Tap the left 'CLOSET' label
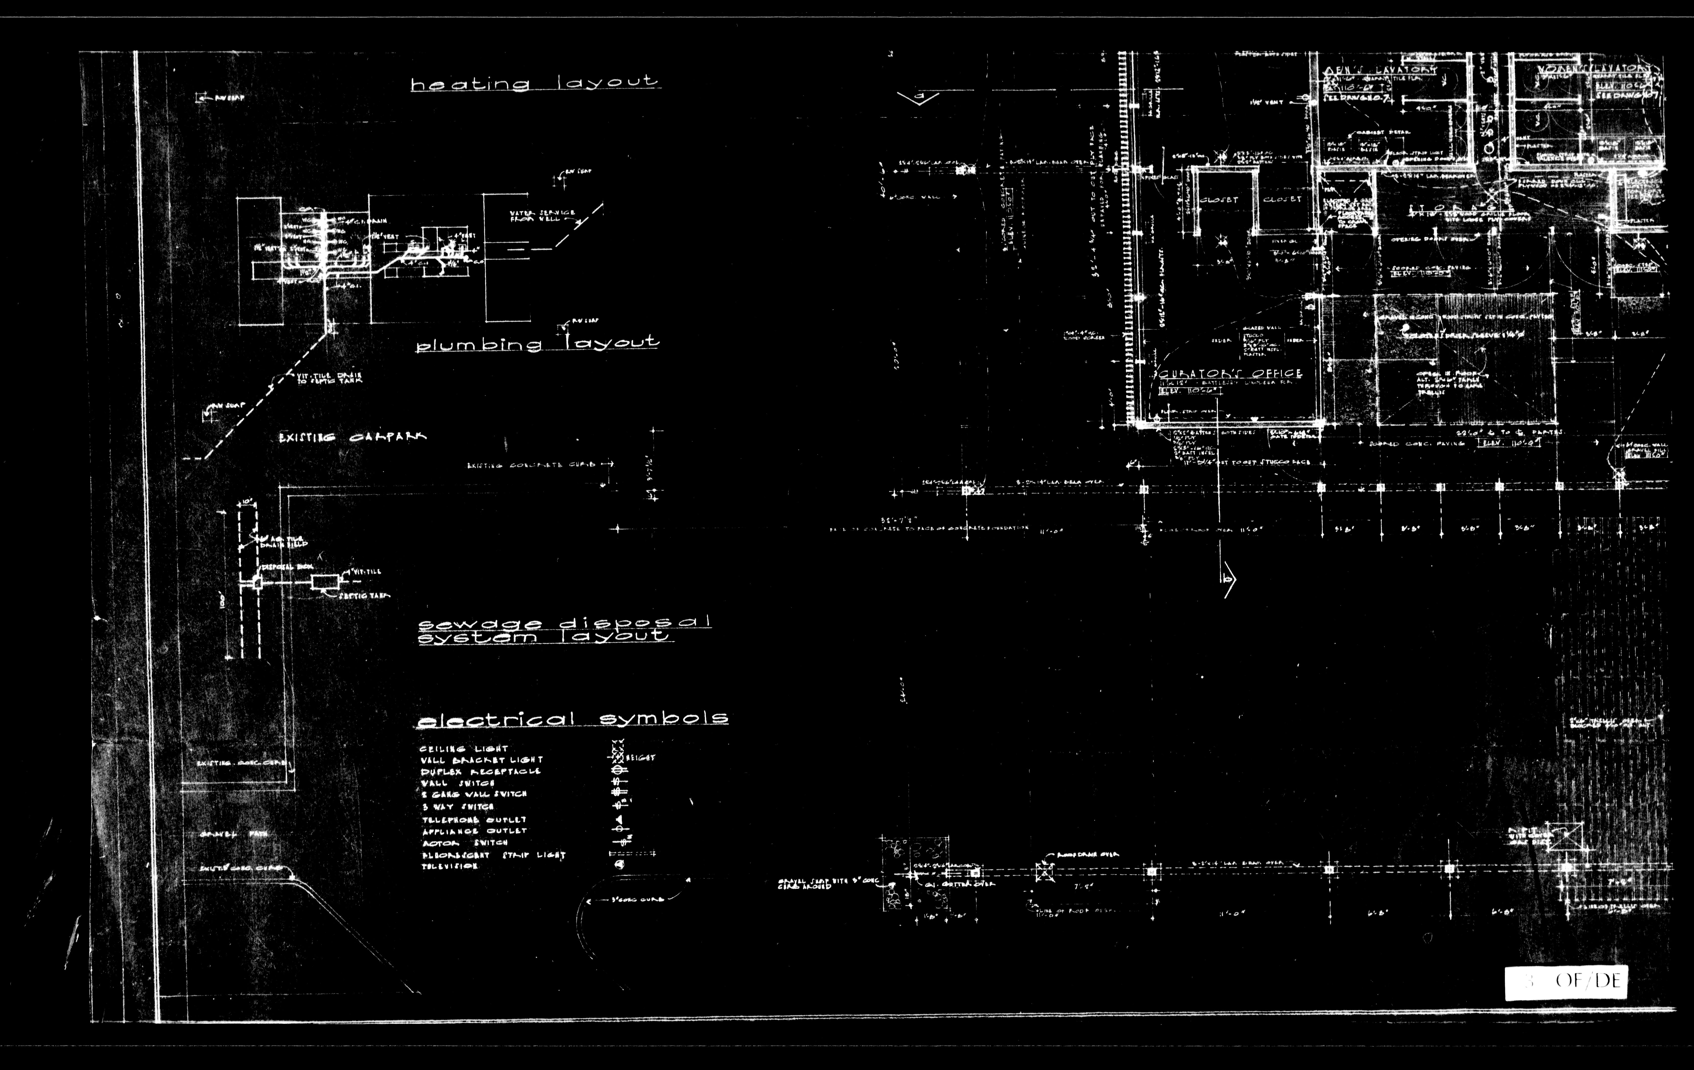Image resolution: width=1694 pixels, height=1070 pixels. [1218, 200]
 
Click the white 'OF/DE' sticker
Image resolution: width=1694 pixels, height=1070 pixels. [1566, 982]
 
